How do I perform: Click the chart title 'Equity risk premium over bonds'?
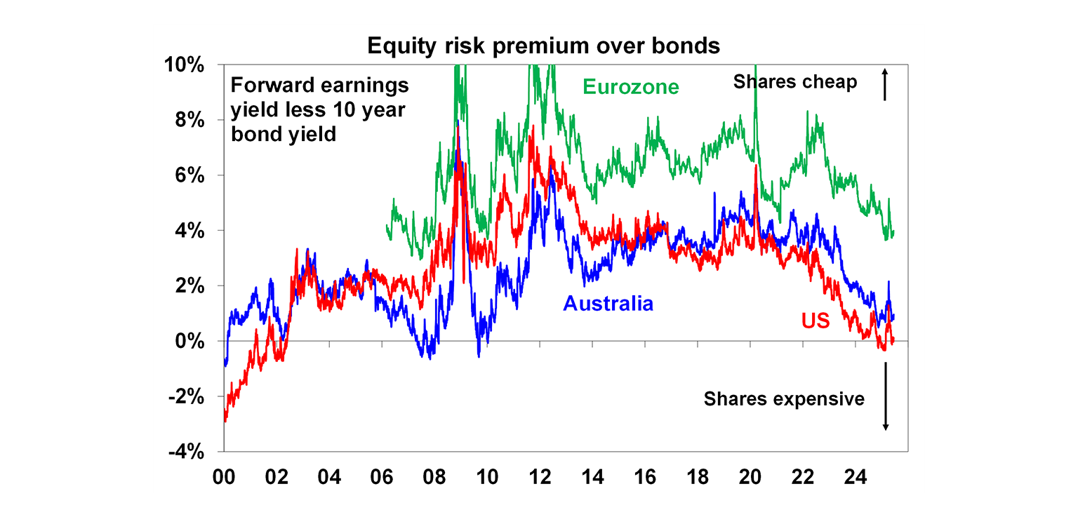tap(543, 46)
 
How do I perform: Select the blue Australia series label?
tap(608, 303)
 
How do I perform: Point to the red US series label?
tap(816, 321)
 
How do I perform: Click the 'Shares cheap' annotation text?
tap(794, 82)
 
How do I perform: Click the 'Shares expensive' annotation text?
tap(784, 399)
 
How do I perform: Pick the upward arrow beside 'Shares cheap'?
tap(885, 83)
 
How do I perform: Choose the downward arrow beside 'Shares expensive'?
tap(886, 397)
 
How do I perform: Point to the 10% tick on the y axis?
tap(184, 65)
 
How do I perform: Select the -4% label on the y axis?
tap(185, 452)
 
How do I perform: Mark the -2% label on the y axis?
tap(185, 397)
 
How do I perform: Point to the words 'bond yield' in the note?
tap(284, 133)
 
